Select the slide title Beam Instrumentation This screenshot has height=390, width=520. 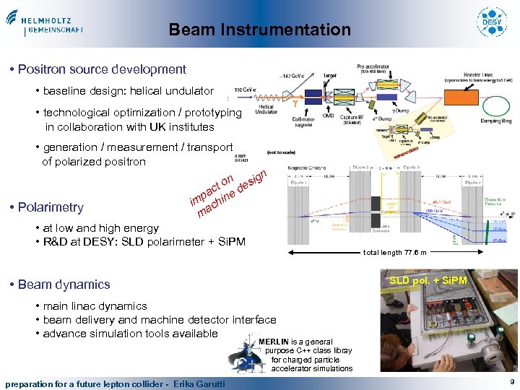259,30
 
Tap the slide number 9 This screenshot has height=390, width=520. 511,382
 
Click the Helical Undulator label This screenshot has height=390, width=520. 265,109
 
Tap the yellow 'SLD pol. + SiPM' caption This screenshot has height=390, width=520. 428,279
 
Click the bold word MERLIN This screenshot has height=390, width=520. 274,342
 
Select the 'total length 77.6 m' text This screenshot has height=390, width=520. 395,253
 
